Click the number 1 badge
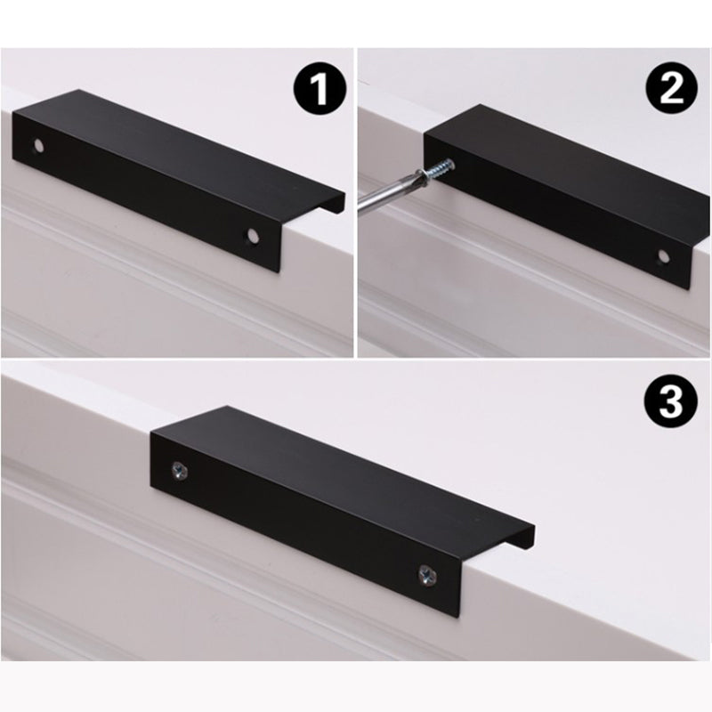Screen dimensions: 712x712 pyautogui.click(x=318, y=90)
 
